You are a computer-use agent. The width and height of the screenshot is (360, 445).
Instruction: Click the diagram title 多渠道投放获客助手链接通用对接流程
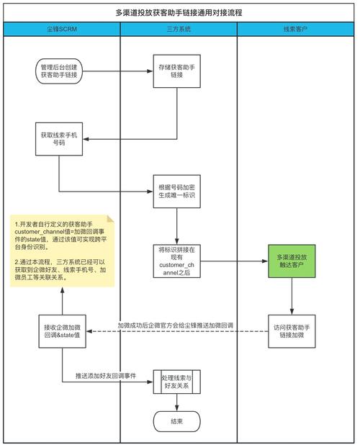(179, 12)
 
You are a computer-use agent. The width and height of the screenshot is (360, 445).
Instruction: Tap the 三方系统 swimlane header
(178, 30)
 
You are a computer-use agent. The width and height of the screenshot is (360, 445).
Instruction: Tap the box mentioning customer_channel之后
(176, 261)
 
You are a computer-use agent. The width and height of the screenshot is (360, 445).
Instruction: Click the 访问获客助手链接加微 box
(292, 331)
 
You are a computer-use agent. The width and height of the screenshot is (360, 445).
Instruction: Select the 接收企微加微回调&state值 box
(61, 331)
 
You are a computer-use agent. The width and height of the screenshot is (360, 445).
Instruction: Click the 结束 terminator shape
(176, 421)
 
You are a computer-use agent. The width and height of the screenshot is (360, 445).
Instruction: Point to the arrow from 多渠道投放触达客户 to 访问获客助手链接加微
(292, 296)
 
